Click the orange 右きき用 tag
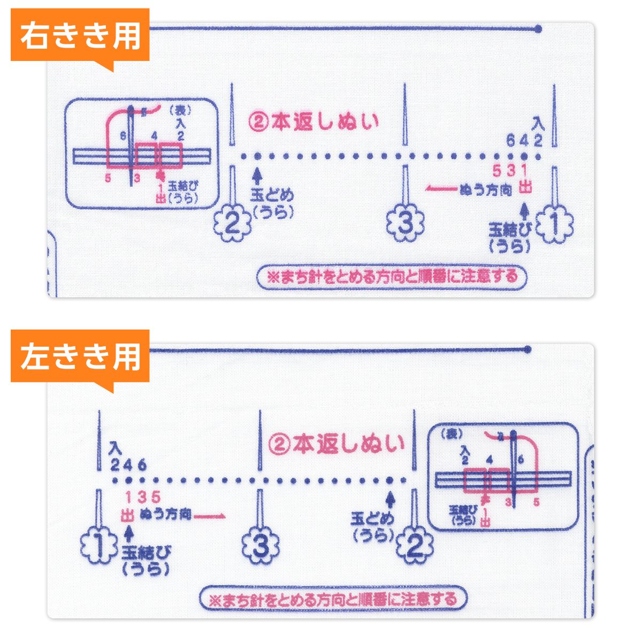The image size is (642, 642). (80, 36)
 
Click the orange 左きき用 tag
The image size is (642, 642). (80, 357)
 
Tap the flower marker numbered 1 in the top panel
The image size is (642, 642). (555, 225)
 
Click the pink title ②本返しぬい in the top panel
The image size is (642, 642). (314, 122)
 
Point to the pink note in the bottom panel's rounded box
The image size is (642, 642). (333, 598)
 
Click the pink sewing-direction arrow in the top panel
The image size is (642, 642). (442, 188)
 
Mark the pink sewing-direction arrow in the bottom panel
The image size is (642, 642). (210, 516)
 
